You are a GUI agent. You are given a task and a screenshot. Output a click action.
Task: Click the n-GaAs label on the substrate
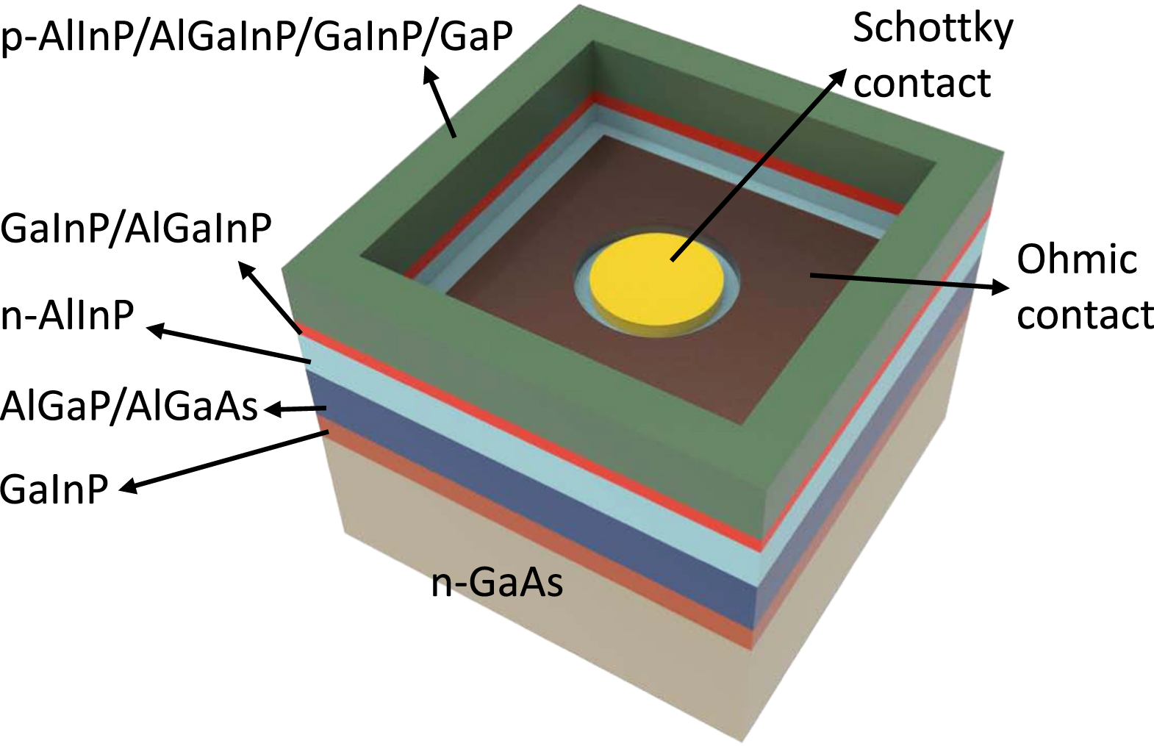pos(497,583)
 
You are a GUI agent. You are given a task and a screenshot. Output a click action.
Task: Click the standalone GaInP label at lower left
pos(54,489)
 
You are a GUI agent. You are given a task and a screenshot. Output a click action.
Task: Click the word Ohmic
pos(1077,259)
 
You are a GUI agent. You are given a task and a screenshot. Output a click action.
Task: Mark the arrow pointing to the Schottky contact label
pos(759,165)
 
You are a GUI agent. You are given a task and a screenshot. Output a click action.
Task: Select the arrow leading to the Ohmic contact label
pos(910,283)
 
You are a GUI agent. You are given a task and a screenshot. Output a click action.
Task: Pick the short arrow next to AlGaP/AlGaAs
pos(295,409)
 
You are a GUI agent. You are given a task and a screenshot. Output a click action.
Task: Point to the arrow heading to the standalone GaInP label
pos(224,462)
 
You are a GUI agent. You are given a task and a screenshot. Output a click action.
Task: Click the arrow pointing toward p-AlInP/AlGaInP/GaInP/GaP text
pos(440,101)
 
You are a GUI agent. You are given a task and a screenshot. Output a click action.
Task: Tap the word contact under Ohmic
pos(1085,315)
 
